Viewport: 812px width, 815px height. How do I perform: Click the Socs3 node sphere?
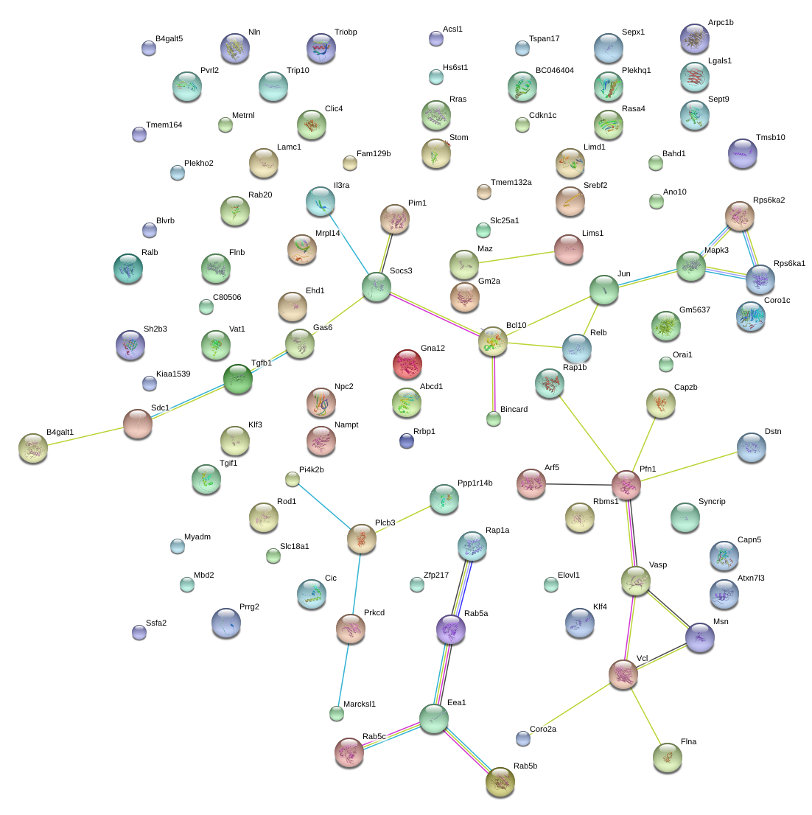coord(377,287)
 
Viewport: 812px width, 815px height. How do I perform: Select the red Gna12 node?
coord(407,363)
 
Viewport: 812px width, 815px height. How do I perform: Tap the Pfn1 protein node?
coord(626,484)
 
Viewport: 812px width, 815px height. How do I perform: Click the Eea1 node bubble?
coord(434,718)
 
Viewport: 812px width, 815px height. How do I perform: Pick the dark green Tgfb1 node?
coord(238,379)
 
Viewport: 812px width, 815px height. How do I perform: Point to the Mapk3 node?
coord(691,266)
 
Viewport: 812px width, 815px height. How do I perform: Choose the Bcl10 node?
coord(493,341)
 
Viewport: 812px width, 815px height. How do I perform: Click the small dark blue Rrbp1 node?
coord(406,441)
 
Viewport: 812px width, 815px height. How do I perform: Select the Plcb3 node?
coord(362,539)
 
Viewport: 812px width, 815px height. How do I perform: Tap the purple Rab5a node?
coord(451,629)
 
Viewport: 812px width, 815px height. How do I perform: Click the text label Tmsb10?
coord(770,138)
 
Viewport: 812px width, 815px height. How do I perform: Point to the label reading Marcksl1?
coord(360,704)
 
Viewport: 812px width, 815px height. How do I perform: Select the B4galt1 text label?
coord(60,432)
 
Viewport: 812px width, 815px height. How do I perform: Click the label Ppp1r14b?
coord(475,483)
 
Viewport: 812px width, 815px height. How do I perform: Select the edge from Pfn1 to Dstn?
coord(689,466)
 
